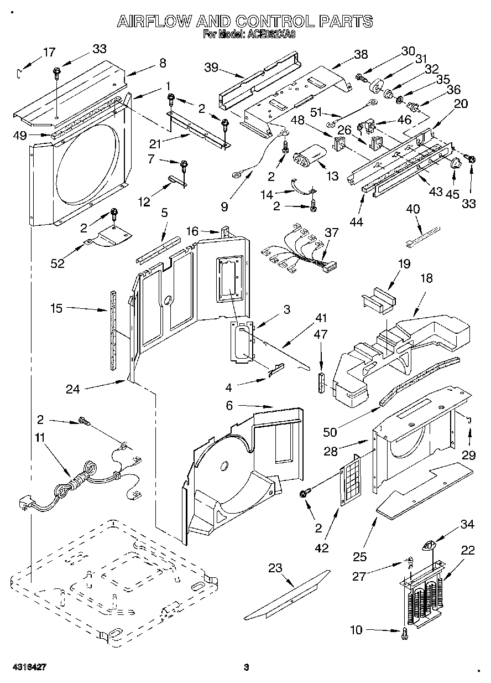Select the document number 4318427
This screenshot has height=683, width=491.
coord(27,667)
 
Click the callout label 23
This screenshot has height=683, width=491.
coord(275,567)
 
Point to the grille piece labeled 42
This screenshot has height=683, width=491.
coord(349,480)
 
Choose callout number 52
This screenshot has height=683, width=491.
coord(58,263)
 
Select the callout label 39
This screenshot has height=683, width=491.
coord(211,68)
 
